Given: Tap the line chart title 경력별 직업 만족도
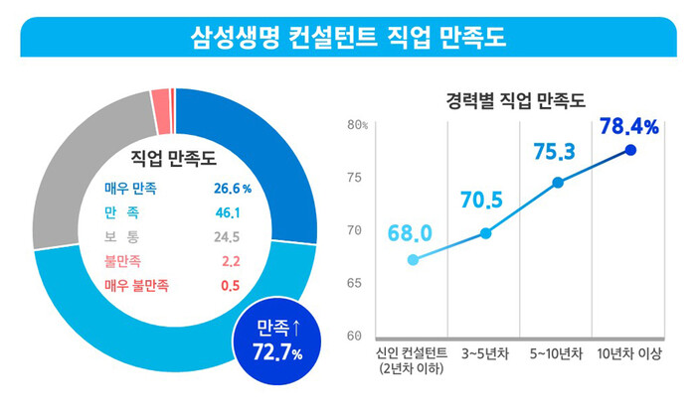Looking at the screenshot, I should click(x=514, y=100).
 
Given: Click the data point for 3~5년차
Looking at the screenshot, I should click(x=486, y=233).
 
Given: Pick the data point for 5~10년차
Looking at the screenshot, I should click(x=558, y=183).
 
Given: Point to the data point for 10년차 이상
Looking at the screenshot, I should click(x=629, y=150).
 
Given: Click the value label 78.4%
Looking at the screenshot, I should click(x=629, y=126).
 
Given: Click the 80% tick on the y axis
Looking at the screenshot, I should click(x=358, y=125).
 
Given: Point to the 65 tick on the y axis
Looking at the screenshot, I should click(x=355, y=283).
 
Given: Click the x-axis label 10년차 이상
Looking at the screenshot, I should click(x=630, y=353).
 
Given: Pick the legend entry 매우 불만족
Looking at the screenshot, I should click(x=136, y=286).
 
